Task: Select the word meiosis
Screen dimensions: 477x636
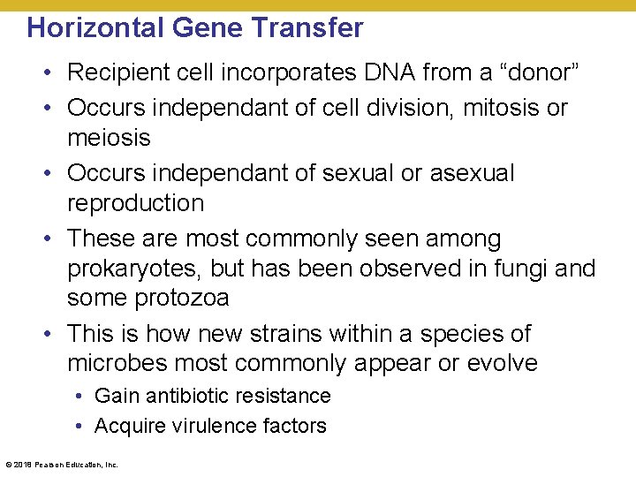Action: point(109,138)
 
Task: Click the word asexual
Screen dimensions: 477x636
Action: point(472,173)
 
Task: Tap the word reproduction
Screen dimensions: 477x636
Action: point(135,203)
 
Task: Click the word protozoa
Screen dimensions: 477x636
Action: point(182,299)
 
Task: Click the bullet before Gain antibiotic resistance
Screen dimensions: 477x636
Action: point(79,396)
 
